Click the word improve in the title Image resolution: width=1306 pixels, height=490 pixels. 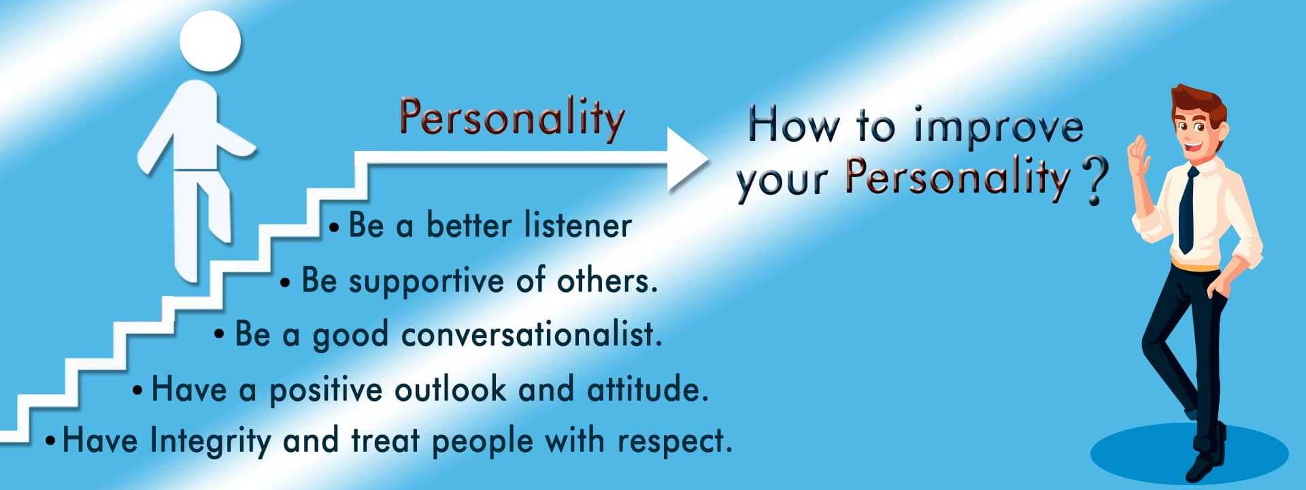click(998, 129)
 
